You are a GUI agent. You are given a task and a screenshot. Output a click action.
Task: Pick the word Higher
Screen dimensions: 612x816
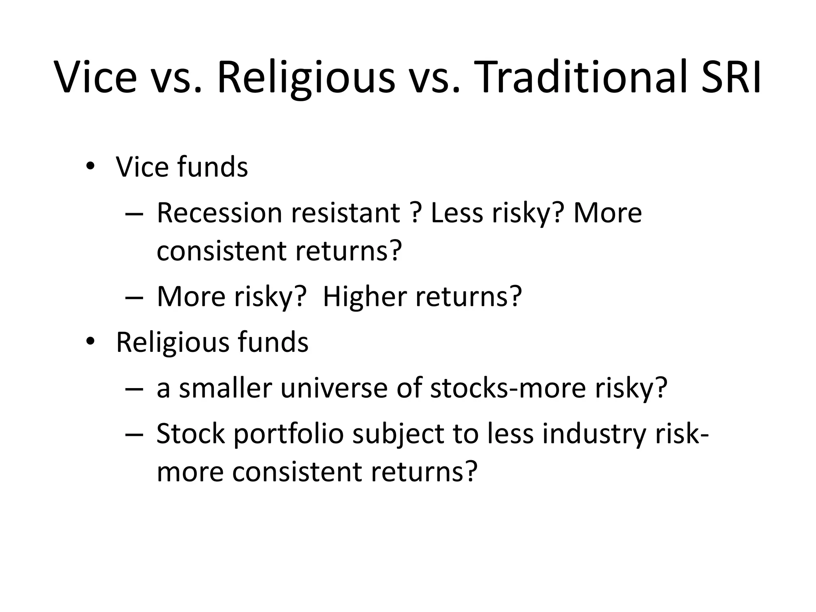(x=365, y=296)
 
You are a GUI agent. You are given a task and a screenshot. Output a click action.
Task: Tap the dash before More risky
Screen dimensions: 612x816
(x=133, y=297)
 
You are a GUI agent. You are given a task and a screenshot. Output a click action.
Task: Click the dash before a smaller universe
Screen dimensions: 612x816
(x=133, y=388)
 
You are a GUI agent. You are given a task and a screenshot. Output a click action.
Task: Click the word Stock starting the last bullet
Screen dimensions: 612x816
(x=190, y=434)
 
